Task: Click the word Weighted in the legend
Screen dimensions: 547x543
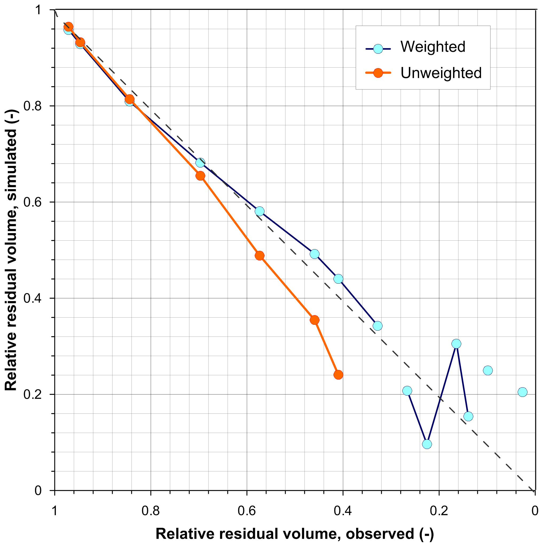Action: point(433,47)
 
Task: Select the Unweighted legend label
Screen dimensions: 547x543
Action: point(441,73)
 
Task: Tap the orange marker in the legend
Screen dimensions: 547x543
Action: point(378,73)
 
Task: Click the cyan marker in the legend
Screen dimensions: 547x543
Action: point(378,49)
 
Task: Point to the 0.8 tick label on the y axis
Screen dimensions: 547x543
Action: point(32,106)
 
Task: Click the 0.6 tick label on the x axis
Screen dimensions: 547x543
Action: point(247,511)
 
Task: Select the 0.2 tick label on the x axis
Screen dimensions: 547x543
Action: point(439,511)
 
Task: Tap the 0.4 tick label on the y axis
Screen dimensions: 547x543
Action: point(32,298)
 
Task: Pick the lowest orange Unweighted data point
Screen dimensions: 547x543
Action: point(338,375)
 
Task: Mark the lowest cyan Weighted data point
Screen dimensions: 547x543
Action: point(427,444)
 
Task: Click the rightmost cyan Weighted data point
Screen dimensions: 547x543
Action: point(522,392)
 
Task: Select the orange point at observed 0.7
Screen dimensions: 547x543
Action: point(200,176)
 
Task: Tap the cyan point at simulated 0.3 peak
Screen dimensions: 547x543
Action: point(456,344)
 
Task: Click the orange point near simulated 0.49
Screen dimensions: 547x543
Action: point(259,256)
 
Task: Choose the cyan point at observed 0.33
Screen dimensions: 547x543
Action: point(377,326)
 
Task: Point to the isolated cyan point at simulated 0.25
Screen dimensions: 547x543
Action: point(488,370)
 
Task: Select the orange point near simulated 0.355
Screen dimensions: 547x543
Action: point(314,320)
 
